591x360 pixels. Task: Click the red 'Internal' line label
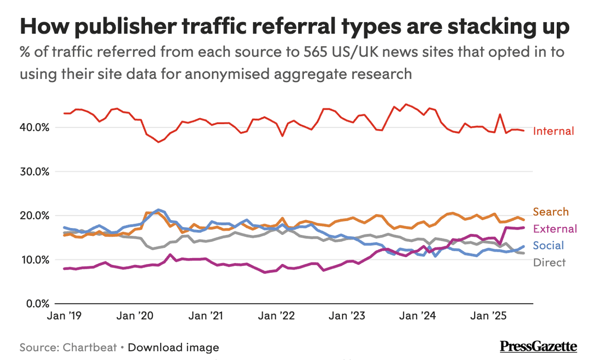pyautogui.click(x=554, y=131)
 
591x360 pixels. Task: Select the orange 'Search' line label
pyautogui.click(x=551, y=212)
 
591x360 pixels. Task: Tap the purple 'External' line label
pyautogui.click(x=555, y=229)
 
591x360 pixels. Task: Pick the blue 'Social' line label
pyautogui.click(x=549, y=245)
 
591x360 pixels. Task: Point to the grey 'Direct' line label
pyautogui.click(x=549, y=262)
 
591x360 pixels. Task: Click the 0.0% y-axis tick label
pyautogui.click(x=38, y=304)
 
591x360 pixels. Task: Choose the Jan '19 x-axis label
pyautogui.click(x=64, y=316)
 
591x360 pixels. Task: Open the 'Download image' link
pyautogui.click(x=173, y=348)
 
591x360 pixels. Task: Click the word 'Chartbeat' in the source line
pyautogui.click(x=90, y=348)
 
